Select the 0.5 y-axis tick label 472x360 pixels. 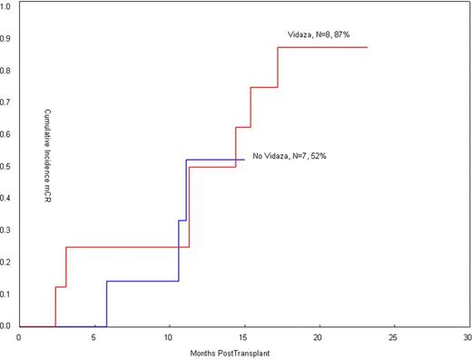pyautogui.click(x=6, y=166)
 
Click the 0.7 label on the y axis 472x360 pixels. pyautogui.click(x=6, y=102)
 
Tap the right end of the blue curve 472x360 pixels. pyautogui.click(x=244, y=160)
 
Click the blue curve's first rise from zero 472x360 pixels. pyautogui.click(x=106, y=304)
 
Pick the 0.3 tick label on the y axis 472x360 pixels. pyautogui.click(x=6, y=230)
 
